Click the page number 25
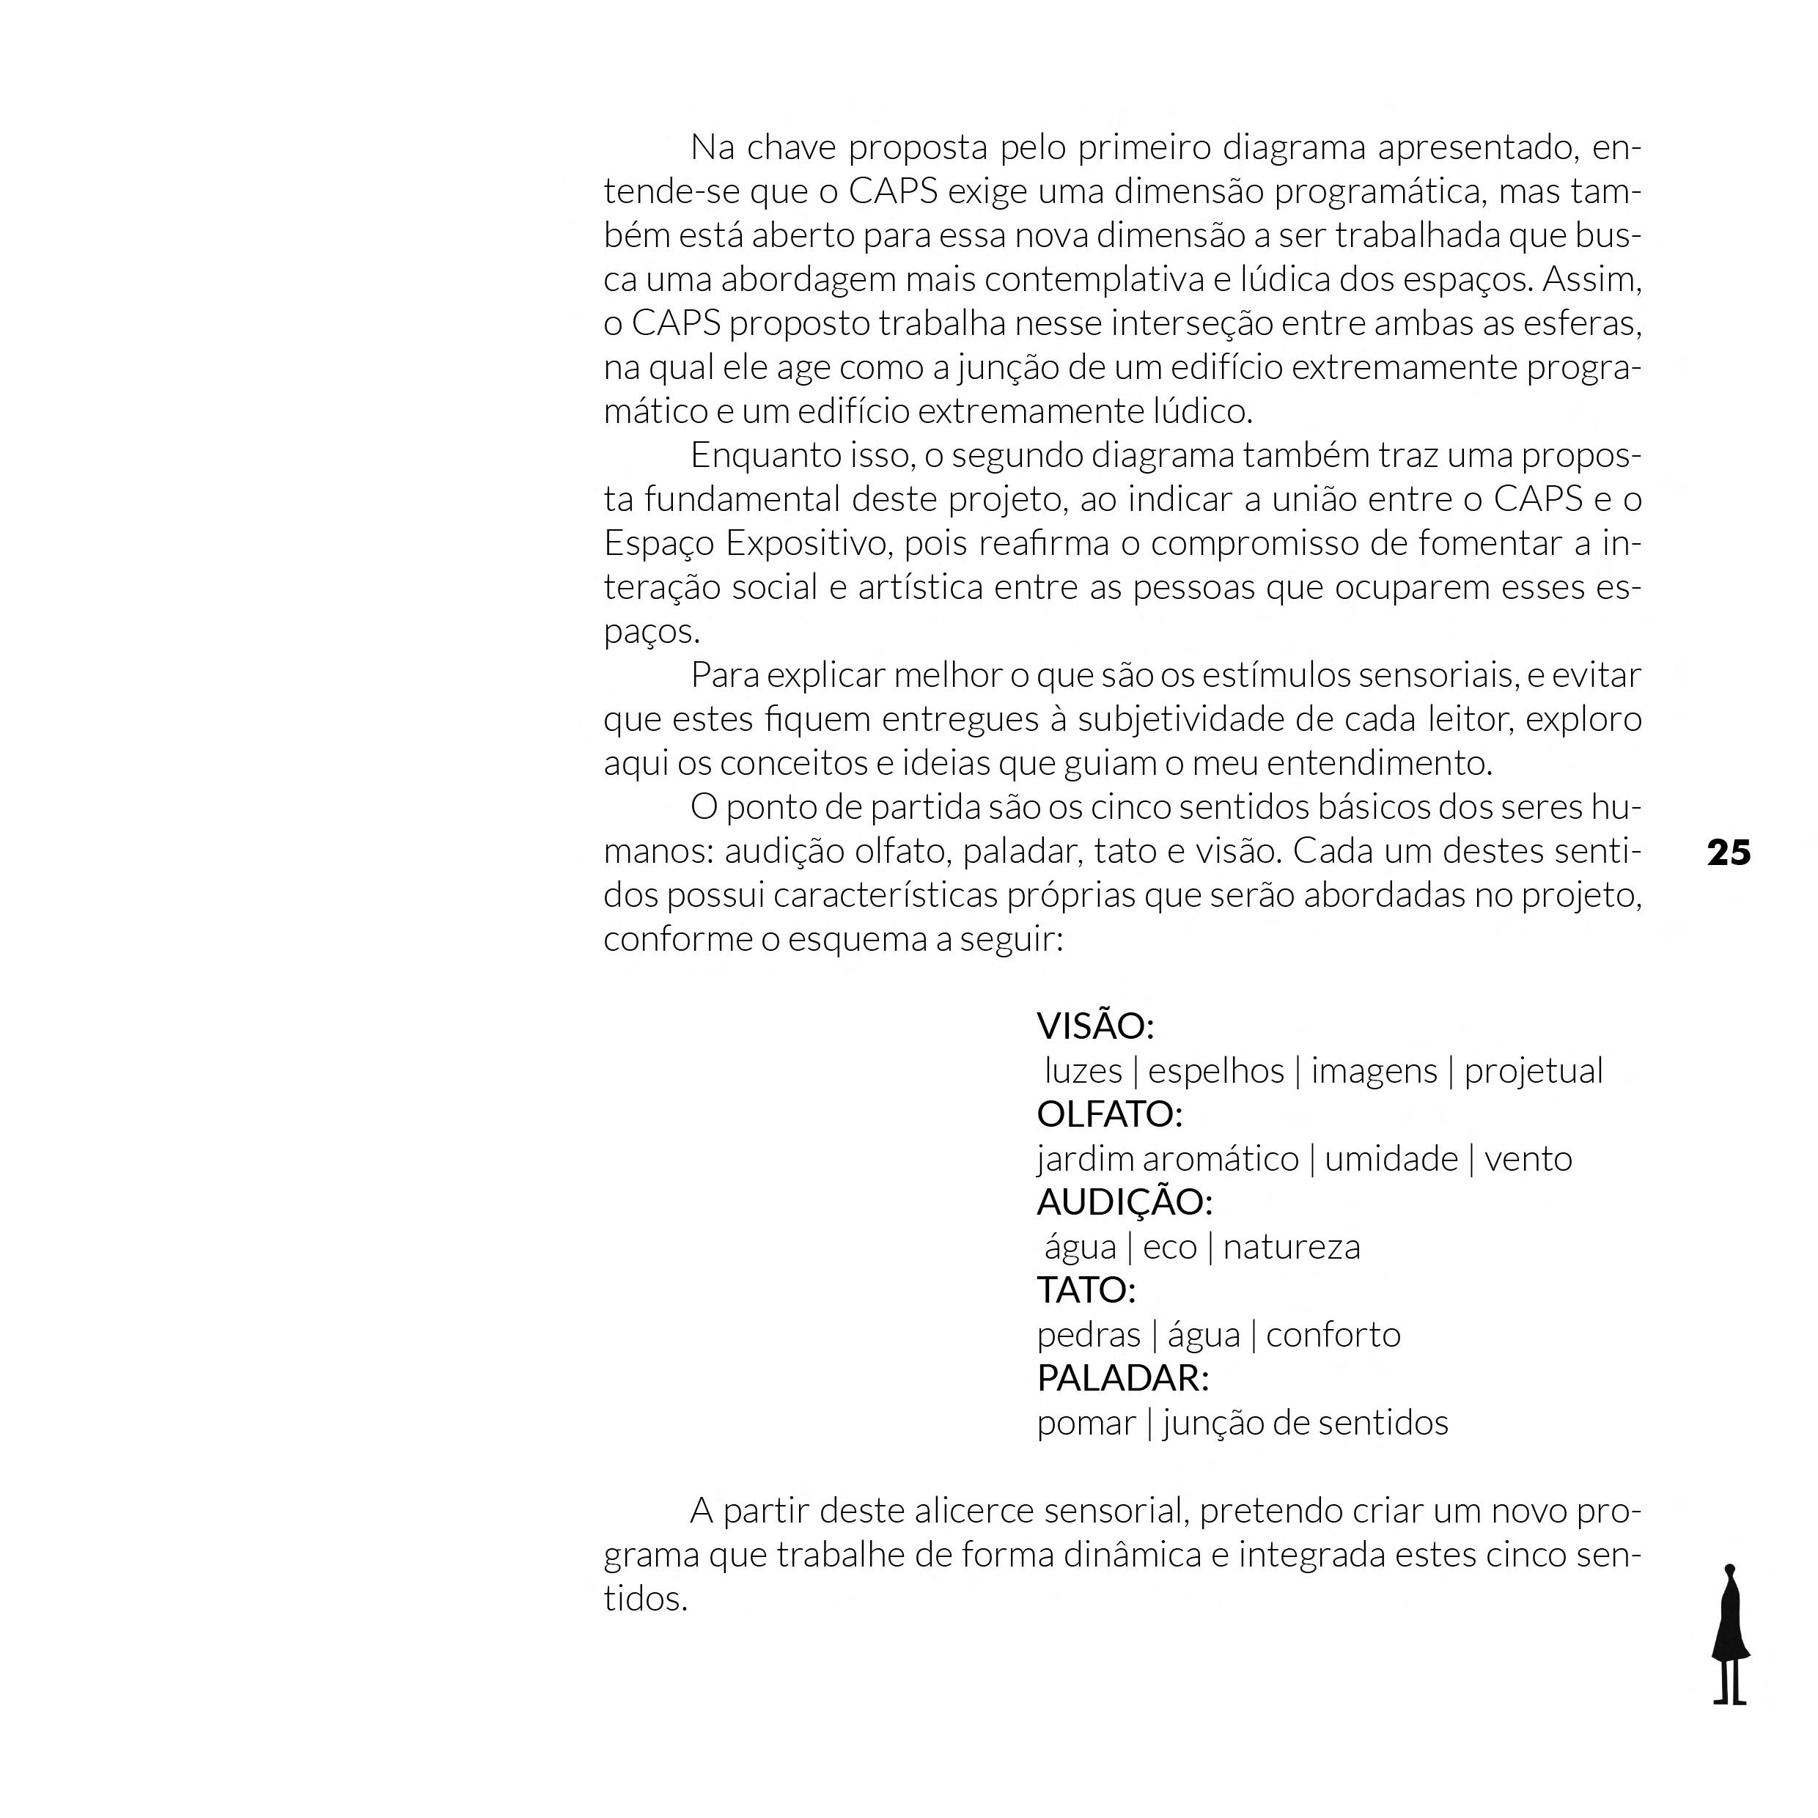1729,853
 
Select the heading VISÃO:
1094,1026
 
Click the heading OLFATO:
1108,1114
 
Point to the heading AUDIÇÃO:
1125,1201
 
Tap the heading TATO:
1086,1290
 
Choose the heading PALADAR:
1122,1377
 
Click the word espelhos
1215,1071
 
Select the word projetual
1533,1071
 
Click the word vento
1528,1158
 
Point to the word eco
1170,1247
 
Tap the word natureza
1291,1247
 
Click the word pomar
1086,1423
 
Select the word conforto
1333,1334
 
